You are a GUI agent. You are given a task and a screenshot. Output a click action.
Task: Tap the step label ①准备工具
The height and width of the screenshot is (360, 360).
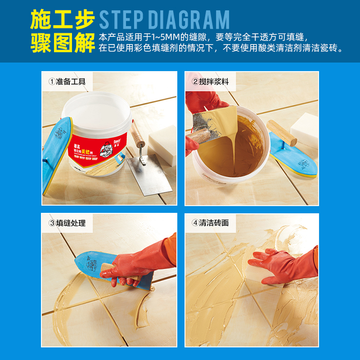[x=67, y=82]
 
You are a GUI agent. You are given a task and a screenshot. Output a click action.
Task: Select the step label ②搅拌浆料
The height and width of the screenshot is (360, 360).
[x=211, y=82]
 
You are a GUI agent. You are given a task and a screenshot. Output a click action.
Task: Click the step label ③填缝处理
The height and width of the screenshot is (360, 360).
[x=67, y=223]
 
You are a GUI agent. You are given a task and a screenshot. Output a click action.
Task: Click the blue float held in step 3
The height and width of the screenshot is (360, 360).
[x=94, y=265]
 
